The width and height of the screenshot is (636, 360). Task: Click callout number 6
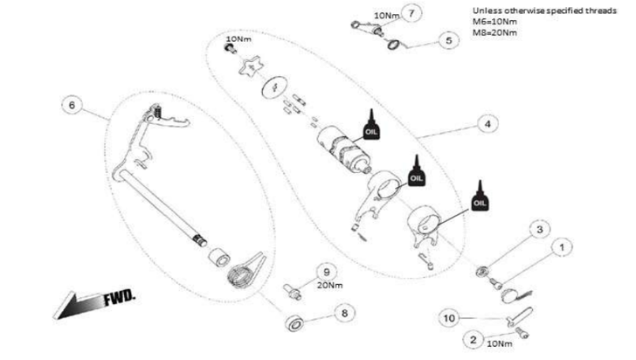point(73,104)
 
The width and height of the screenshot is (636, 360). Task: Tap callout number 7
point(411,12)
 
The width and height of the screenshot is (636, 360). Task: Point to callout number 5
point(446,40)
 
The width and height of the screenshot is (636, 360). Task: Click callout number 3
point(540,229)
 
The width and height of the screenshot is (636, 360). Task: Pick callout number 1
point(560,248)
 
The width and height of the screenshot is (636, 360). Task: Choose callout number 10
point(450,319)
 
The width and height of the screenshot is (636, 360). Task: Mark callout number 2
point(473,338)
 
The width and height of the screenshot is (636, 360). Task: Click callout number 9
point(322,271)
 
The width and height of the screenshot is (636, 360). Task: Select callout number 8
point(344,311)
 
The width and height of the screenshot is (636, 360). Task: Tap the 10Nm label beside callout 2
point(499,343)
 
